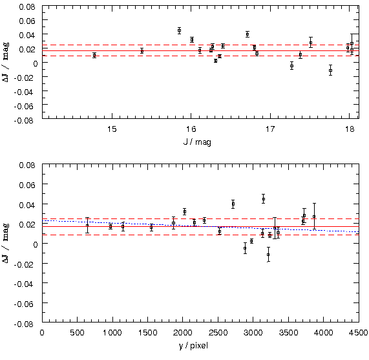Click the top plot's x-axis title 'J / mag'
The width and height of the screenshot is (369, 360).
click(x=197, y=142)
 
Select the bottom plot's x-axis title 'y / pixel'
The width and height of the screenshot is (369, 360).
click(x=193, y=346)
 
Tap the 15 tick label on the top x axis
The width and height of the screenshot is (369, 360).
click(x=112, y=129)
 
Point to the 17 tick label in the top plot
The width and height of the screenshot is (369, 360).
click(x=270, y=129)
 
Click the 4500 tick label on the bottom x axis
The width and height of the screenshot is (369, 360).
click(x=359, y=332)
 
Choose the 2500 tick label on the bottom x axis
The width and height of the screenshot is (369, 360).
click(x=218, y=332)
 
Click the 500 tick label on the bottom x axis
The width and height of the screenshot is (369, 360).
click(x=77, y=332)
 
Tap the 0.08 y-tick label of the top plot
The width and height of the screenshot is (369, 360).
click(x=27, y=6)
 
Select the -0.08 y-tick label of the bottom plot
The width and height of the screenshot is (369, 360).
click(x=25, y=324)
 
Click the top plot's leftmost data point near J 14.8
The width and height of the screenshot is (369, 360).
click(x=94, y=56)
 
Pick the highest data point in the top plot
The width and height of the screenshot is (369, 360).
click(x=179, y=30)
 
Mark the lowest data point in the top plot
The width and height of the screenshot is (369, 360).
click(x=331, y=70)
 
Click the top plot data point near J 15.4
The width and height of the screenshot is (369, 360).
click(x=142, y=51)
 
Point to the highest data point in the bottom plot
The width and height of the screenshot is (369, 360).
click(x=264, y=199)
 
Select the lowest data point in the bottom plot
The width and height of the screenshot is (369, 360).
click(x=268, y=255)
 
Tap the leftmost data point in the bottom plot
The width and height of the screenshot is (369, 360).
click(x=87, y=225)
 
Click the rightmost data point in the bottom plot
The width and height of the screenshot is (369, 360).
click(x=314, y=217)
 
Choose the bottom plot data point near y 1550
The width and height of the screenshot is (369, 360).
click(x=151, y=228)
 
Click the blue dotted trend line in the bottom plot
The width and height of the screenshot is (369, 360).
click(x=200, y=226)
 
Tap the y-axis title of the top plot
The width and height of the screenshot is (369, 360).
click(x=6, y=62)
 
